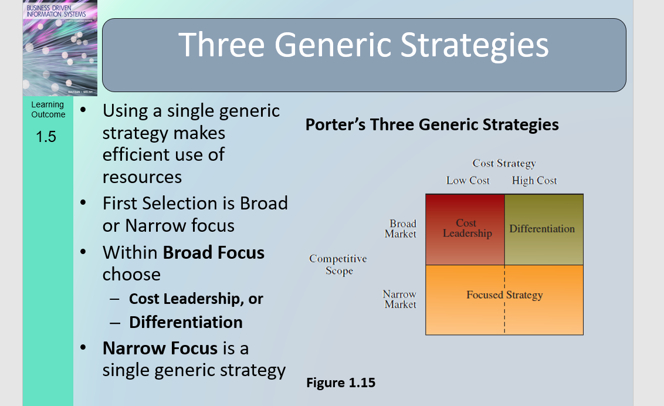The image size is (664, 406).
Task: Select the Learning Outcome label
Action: (48, 110)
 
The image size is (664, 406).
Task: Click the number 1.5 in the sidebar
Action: (46, 137)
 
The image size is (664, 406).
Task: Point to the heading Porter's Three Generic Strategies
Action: (432, 125)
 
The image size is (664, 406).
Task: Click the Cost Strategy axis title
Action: (504, 164)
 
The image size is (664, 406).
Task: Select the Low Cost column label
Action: (467, 181)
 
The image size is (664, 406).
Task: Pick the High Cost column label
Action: (534, 181)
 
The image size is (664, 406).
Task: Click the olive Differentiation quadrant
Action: (543, 229)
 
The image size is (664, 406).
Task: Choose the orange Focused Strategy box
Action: (504, 299)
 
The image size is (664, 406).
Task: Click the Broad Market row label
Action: (401, 229)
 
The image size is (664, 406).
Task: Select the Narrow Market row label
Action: (400, 299)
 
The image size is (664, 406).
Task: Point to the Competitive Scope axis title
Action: (338, 265)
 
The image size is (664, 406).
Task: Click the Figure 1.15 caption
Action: (341, 383)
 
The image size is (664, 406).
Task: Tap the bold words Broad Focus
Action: (214, 253)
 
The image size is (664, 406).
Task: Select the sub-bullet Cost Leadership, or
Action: (196, 299)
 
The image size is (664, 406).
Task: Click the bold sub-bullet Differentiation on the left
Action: (185, 322)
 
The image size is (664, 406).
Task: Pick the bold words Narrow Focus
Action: (160, 348)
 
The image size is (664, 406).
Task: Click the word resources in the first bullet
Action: (142, 177)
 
